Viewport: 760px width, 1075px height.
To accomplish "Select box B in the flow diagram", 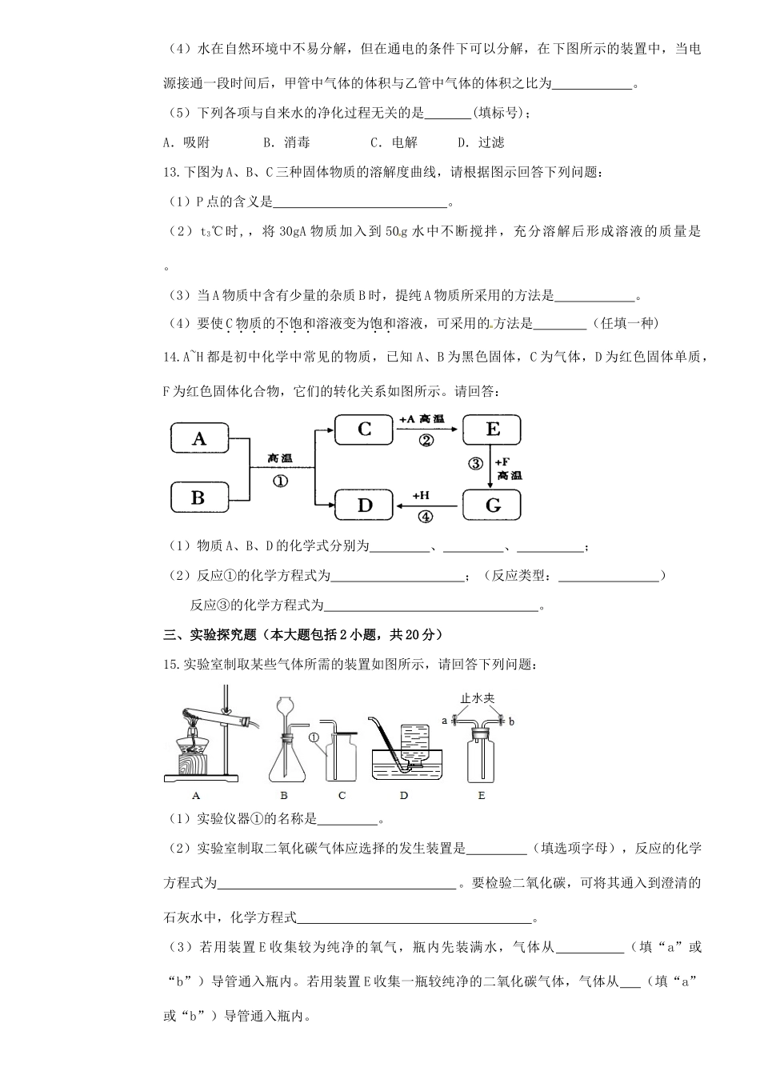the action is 199,498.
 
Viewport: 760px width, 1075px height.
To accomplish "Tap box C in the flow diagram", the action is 364,430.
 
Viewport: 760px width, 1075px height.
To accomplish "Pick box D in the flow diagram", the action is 364,505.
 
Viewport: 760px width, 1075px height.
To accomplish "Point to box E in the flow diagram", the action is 492,430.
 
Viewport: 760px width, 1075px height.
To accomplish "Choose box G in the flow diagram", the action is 492,505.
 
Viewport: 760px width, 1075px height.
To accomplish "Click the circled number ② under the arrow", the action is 426,441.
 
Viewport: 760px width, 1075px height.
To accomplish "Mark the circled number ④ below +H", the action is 426,517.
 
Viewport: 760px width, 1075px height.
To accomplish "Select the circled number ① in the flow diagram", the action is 280,481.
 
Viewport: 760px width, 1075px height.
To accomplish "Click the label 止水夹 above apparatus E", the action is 478,698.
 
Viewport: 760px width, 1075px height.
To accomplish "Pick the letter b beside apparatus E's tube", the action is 511,721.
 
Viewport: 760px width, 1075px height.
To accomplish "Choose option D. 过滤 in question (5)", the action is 481,142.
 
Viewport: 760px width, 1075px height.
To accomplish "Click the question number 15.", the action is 169,665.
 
